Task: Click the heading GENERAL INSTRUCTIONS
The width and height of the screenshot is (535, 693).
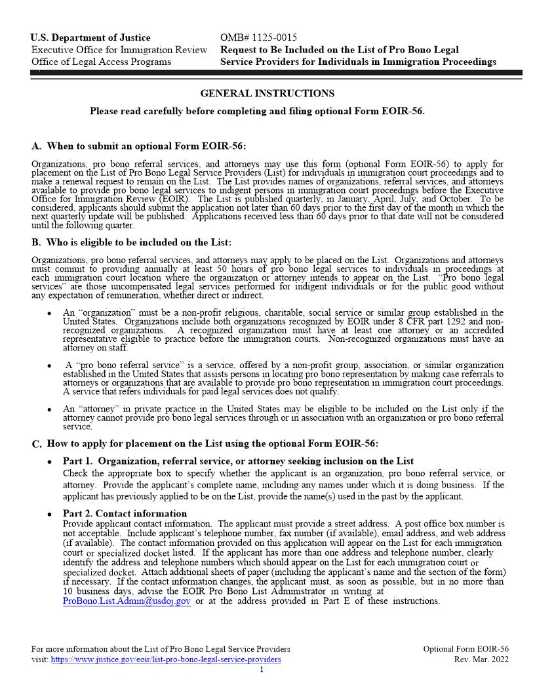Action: (x=267, y=93)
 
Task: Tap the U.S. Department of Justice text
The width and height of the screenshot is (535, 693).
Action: (x=90, y=37)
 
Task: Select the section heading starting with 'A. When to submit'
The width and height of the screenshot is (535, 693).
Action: (x=138, y=146)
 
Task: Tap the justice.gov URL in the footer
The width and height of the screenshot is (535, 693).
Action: (x=166, y=660)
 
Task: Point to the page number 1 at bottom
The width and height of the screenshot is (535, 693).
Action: (x=262, y=669)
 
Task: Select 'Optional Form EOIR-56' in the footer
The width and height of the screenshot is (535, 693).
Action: (x=466, y=649)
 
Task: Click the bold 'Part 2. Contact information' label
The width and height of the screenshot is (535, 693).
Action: (x=125, y=513)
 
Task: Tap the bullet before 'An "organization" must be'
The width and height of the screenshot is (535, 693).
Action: (x=49, y=314)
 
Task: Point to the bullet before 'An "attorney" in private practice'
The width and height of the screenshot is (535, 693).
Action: (x=49, y=409)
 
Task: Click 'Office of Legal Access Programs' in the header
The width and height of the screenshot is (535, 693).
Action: (x=101, y=62)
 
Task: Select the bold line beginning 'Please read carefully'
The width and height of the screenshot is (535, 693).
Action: (x=257, y=111)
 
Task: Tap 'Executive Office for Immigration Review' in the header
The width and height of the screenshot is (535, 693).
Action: (x=119, y=50)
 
